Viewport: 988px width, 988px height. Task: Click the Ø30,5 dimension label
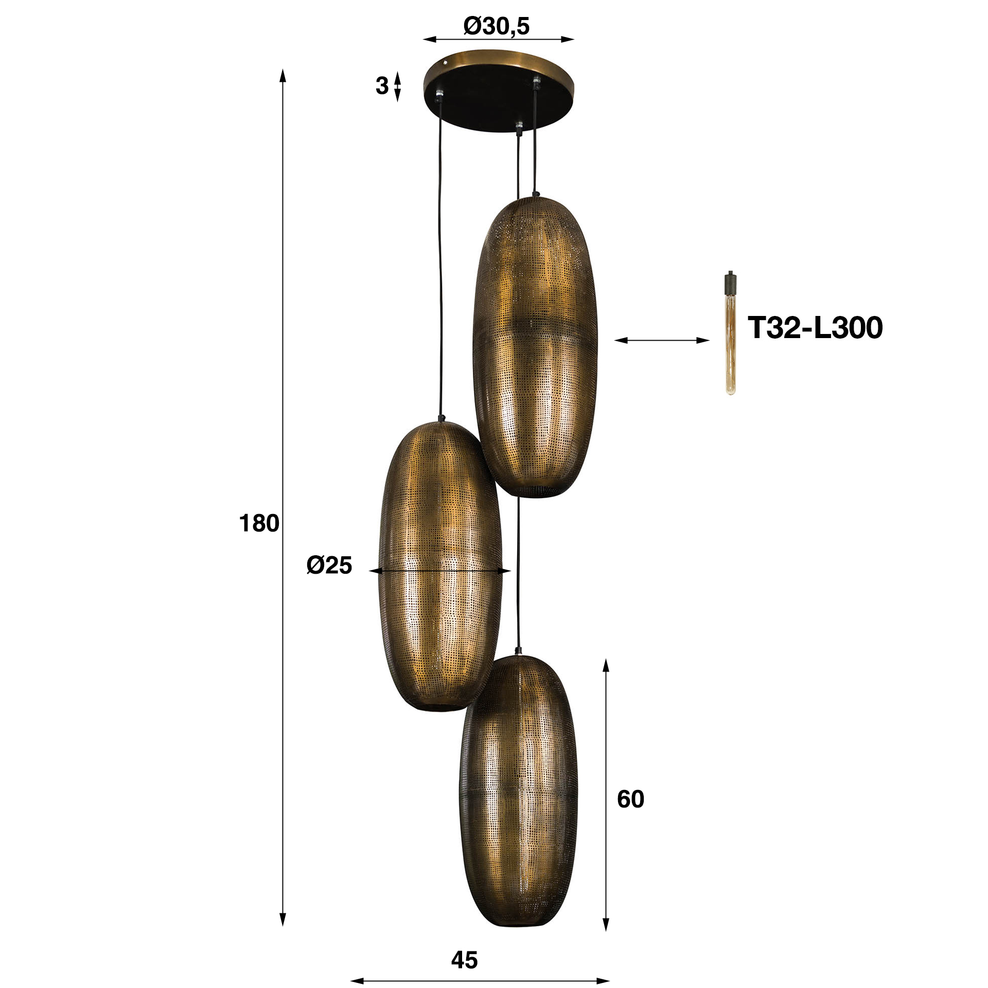tap(496, 26)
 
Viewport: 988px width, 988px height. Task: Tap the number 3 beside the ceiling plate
tap(381, 86)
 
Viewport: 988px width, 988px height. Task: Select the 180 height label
tap(259, 523)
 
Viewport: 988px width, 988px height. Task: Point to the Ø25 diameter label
tap(329, 565)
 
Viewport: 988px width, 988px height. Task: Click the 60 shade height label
tap(630, 799)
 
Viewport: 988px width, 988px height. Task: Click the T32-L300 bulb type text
tap(815, 327)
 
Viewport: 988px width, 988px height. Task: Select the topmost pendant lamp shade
tap(535, 345)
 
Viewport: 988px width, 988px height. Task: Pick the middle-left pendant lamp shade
tap(440, 566)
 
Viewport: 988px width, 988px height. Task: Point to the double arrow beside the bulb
tap(662, 340)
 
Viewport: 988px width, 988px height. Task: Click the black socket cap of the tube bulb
tap(730, 282)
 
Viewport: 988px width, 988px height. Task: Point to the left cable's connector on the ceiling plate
tap(439, 96)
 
